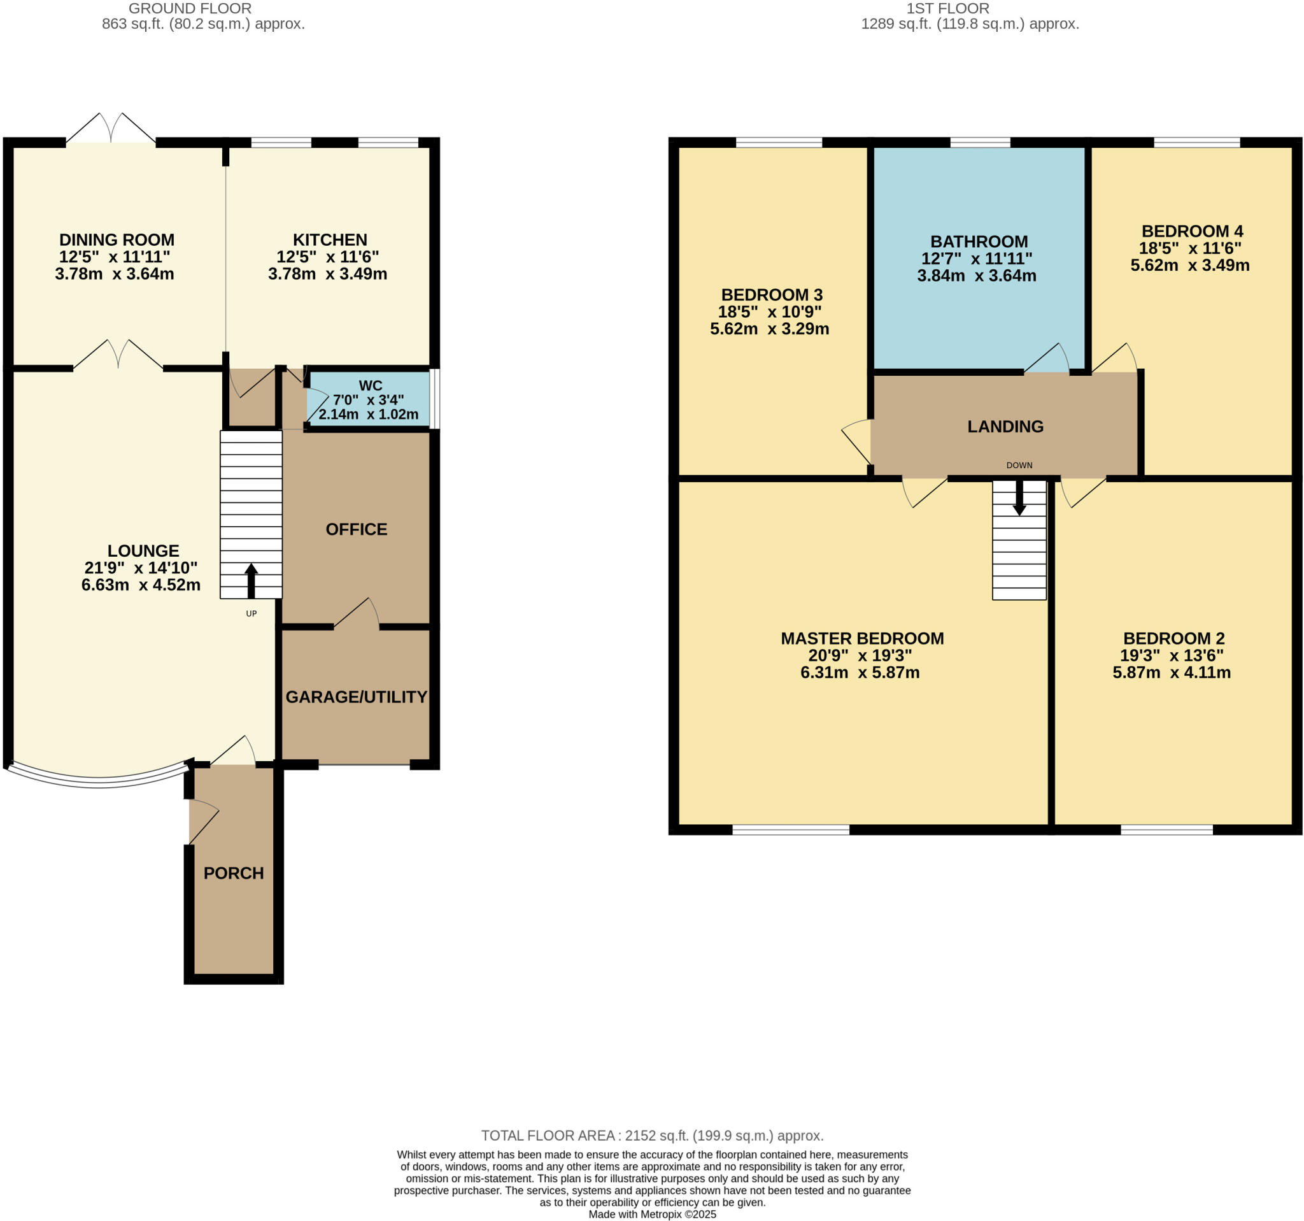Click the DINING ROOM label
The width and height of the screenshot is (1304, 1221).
[117, 239]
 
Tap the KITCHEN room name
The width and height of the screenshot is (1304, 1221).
[329, 239]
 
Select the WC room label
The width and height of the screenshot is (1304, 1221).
[370, 386]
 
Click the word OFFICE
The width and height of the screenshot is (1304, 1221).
[356, 529]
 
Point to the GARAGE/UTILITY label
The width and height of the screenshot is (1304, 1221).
[356, 697]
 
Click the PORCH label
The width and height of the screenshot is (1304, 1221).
[234, 873]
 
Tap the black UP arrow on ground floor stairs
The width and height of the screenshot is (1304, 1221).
[252, 580]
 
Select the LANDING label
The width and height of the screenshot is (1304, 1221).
[1005, 427]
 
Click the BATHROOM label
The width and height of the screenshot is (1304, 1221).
[979, 241]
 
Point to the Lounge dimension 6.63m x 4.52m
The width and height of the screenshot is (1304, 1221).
[141, 585]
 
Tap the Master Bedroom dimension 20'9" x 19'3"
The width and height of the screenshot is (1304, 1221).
[860, 655]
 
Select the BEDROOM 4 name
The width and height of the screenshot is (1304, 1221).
[1192, 231]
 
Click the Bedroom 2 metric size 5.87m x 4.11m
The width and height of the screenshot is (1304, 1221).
[1171, 672]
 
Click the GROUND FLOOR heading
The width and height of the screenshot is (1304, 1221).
[190, 8]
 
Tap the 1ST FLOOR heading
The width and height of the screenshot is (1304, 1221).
[947, 8]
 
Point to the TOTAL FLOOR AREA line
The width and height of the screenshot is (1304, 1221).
[652, 1135]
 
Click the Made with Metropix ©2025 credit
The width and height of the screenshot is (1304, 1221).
[652, 1214]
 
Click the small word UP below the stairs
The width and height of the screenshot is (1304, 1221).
[252, 613]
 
